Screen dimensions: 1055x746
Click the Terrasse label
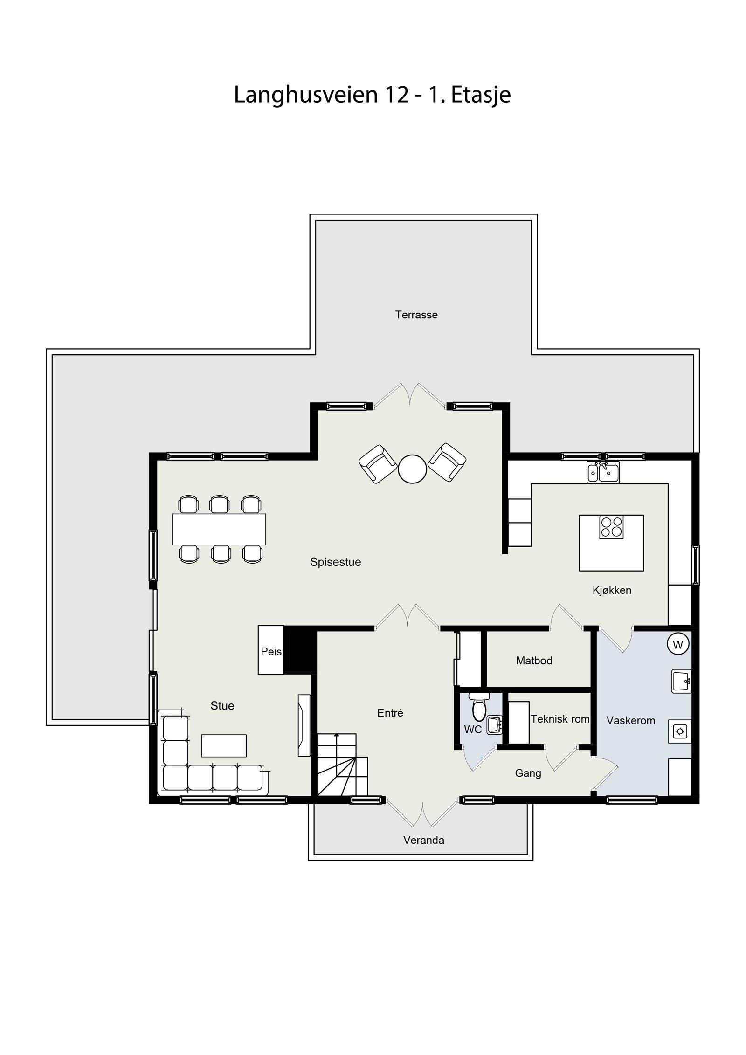click(x=416, y=315)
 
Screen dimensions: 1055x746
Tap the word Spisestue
click(x=335, y=562)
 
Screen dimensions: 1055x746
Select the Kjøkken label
click(x=612, y=590)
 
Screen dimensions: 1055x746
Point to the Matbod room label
click(x=534, y=660)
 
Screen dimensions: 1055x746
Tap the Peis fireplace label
click(x=271, y=651)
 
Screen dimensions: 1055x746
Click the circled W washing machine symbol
click(x=678, y=645)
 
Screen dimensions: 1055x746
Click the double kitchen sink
click(x=603, y=473)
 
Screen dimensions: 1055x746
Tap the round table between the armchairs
click(x=412, y=469)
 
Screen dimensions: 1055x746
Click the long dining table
click(x=219, y=529)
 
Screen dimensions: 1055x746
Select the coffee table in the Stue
click(x=224, y=745)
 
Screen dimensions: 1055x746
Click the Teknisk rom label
click(x=560, y=719)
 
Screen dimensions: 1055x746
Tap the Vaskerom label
click(x=630, y=720)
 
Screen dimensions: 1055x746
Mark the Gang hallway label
click(x=528, y=773)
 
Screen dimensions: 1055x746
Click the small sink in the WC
click(x=494, y=724)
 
